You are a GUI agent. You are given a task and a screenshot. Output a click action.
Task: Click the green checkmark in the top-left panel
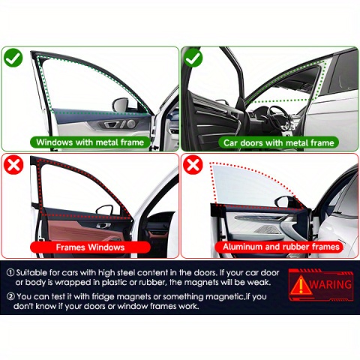point(13,58)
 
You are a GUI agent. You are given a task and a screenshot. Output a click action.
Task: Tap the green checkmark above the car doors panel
point(193,58)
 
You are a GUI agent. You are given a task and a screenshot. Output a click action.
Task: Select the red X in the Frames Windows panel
point(13,165)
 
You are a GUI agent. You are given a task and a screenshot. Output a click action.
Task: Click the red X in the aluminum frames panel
point(193,165)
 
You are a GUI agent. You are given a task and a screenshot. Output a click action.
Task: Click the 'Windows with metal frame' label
point(90,142)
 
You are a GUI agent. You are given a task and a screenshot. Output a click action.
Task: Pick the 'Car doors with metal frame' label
point(278,142)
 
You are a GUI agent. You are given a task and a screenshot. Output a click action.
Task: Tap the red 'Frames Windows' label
point(90,247)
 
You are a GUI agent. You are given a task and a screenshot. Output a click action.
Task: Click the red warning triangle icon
point(301,285)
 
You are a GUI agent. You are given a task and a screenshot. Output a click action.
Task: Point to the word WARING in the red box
point(331,284)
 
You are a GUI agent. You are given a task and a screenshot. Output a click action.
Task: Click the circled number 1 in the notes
point(10,272)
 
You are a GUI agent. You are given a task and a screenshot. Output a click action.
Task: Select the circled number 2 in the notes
point(10,296)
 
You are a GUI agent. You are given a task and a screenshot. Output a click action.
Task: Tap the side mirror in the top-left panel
point(121,104)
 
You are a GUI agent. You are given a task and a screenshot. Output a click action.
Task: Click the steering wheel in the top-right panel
point(279,118)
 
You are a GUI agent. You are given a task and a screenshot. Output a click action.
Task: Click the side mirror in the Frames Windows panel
point(105,209)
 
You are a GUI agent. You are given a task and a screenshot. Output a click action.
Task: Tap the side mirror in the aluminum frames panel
point(284,201)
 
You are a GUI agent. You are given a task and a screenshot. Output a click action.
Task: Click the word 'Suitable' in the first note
point(31,272)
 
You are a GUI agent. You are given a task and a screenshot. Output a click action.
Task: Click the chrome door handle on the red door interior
point(103,226)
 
